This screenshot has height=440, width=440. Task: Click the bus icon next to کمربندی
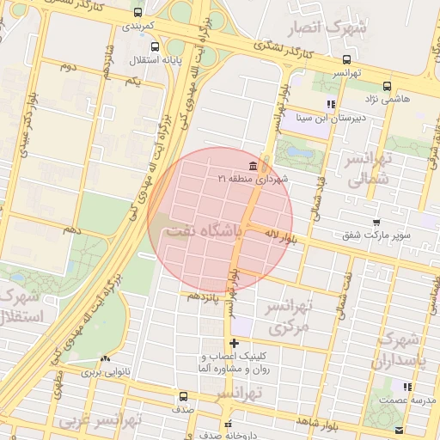coord(139,12)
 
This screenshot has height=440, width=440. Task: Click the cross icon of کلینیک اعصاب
coord(234,344)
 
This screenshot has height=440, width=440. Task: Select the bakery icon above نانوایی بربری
coord(106,360)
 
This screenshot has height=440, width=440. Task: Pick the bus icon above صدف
coord(183,397)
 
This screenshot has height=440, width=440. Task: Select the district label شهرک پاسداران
coord(400,349)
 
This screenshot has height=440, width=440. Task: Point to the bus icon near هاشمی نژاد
coord(388,86)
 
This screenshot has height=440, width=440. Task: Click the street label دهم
coord(70,229)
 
